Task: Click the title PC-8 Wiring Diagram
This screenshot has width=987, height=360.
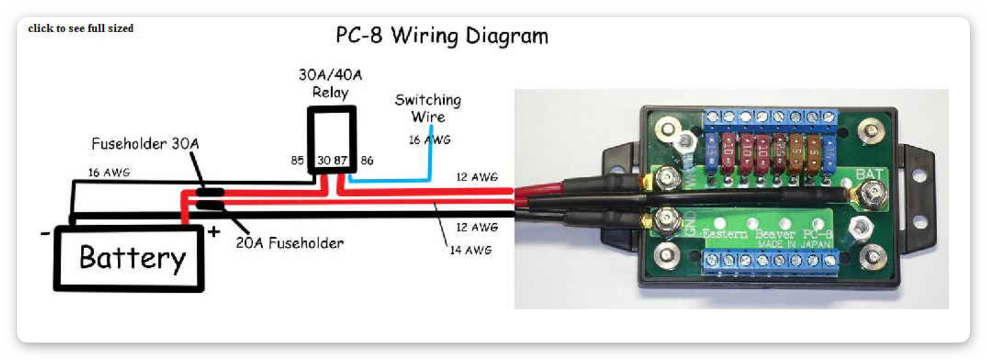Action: [x=442, y=36]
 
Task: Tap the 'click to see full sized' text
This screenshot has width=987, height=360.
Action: [x=80, y=28]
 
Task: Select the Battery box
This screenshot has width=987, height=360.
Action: [x=129, y=257]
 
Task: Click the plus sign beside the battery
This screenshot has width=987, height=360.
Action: [x=213, y=231]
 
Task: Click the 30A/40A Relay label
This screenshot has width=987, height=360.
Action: [x=330, y=83]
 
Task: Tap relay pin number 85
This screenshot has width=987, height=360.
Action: [x=298, y=160]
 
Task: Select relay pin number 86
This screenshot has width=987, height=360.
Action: [x=367, y=160]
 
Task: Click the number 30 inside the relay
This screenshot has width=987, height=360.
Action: [x=324, y=160]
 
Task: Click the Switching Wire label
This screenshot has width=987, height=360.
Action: [x=428, y=109]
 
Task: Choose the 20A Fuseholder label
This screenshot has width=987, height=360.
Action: [x=290, y=243]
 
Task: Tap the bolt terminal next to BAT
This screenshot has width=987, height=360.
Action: [x=874, y=192]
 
